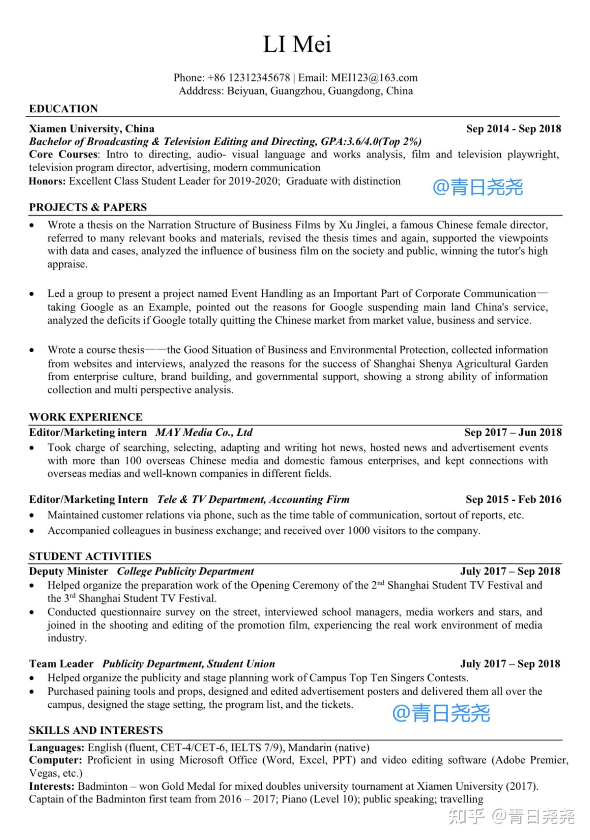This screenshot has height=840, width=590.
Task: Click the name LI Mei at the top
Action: (x=297, y=44)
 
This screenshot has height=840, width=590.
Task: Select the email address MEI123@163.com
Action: (x=374, y=78)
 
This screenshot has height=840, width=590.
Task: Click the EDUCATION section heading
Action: (x=63, y=109)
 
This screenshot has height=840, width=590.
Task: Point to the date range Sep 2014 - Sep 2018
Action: (x=513, y=129)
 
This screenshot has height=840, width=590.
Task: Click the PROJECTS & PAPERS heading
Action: (x=88, y=207)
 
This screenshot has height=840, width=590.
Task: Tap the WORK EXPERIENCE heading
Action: (x=86, y=417)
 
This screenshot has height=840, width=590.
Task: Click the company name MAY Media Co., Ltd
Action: (x=204, y=432)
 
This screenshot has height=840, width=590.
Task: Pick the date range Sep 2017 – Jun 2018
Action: (x=512, y=432)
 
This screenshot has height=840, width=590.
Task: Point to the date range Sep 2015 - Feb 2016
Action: (x=513, y=499)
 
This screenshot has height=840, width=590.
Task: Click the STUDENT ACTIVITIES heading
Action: (x=90, y=556)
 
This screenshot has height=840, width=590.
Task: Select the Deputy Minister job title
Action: (x=68, y=571)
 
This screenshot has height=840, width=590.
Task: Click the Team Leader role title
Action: (x=61, y=664)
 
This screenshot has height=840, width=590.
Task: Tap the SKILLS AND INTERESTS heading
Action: (x=96, y=730)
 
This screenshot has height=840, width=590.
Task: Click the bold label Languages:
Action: (x=57, y=747)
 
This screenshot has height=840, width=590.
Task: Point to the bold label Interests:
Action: (x=52, y=786)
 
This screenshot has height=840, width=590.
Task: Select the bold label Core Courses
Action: (x=63, y=154)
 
